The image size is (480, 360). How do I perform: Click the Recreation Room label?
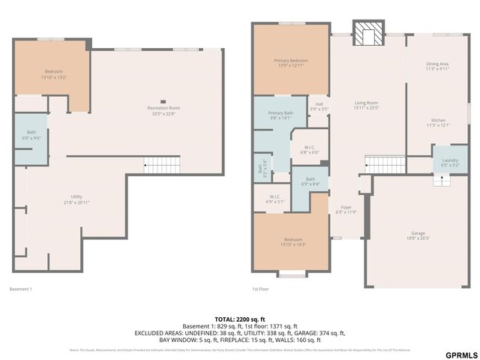click(x=163, y=111)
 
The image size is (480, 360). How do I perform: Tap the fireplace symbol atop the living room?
click(x=367, y=34)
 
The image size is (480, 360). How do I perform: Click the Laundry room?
click(x=450, y=162)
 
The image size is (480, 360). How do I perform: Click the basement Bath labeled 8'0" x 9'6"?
click(x=31, y=135)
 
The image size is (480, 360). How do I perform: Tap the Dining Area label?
click(x=437, y=67)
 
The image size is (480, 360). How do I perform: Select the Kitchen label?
click(x=437, y=122)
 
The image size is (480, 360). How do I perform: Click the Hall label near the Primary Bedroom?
click(x=319, y=106)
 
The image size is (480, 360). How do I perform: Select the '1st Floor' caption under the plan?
click(x=261, y=289)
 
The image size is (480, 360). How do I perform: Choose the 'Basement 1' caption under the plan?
click(x=20, y=289)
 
